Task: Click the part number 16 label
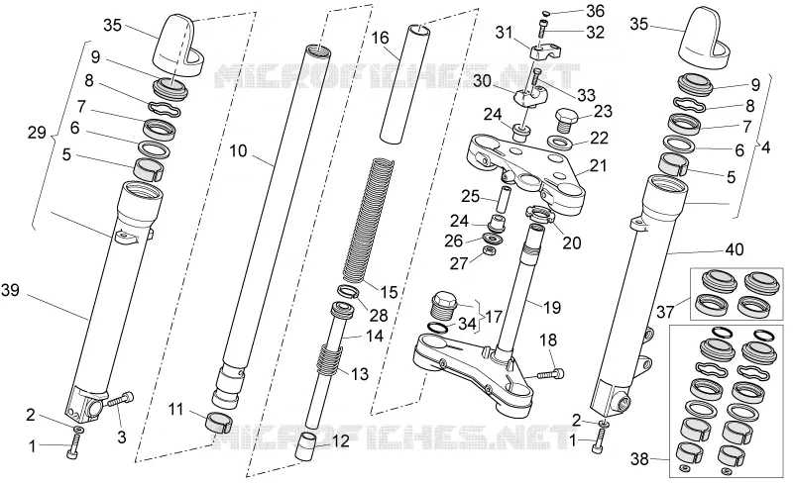click(x=381, y=38)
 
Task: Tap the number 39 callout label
click(x=11, y=290)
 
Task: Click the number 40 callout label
click(x=735, y=249)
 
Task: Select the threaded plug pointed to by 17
click(x=443, y=304)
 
